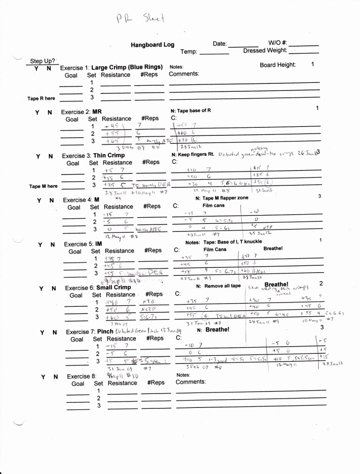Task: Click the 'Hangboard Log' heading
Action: click(x=152, y=45)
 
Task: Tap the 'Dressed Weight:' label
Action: click(x=265, y=51)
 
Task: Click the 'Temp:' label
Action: click(x=189, y=52)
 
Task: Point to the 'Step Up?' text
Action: click(x=43, y=61)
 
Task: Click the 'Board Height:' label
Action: click(x=277, y=65)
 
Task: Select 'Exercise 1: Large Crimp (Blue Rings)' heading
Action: click(x=112, y=67)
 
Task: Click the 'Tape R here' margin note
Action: click(x=41, y=98)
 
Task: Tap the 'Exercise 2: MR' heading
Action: click(x=82, y=112)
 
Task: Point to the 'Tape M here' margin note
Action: click(x=43, y=186)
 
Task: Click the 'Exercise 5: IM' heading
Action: click(x=83, y=244)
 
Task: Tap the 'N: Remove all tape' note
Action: click(x=218, y=286)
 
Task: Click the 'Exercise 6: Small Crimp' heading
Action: click(x=98, y=288)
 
